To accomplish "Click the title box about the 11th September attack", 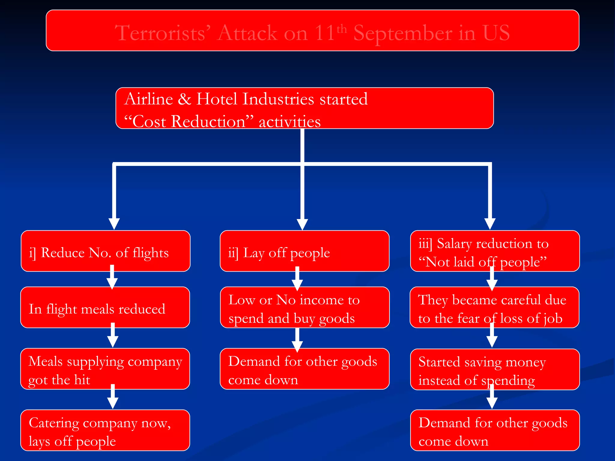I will (312, 31).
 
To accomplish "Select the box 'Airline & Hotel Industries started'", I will (304, 108).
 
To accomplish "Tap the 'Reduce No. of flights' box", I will (105, 252).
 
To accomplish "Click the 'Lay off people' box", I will (304, 252).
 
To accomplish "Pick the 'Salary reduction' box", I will (495, 252).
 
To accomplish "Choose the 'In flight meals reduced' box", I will (105, 308).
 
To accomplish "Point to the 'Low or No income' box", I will (304, 308).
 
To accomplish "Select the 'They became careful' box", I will (494, 308).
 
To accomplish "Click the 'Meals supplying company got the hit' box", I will (105, 369).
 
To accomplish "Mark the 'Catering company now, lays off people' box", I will (105, 430).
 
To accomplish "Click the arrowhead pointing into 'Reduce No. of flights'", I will (114, 224).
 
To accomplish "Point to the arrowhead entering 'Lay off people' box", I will (302, 224).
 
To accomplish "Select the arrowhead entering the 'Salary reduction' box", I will (490, 224).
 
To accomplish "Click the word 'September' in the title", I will (403, 33).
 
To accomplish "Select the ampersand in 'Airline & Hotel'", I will (184, 99).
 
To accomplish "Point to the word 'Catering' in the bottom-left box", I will (54, 423).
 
